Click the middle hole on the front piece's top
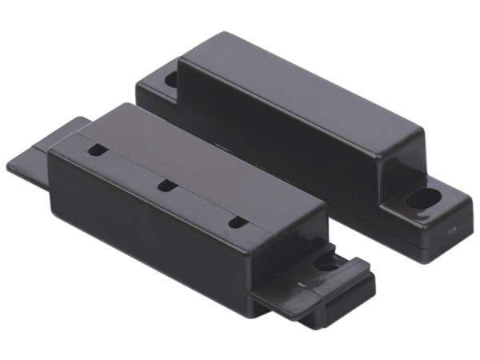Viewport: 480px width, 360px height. [166, 186]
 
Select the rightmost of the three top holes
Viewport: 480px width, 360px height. [237, 222]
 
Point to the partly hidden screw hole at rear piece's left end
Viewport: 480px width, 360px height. [170, 79]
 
